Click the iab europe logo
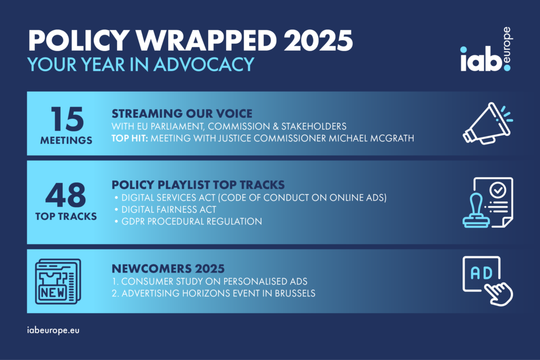pos(486,50)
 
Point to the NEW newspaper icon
pos(58,281)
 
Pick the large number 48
pos(65,194)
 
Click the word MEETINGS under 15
pos(66,140)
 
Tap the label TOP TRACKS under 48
pos(66,217)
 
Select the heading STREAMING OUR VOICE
pos(182,113)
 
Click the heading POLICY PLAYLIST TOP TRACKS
pos(198,185)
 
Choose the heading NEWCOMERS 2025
pos(168,268)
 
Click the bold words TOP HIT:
pos(130,138)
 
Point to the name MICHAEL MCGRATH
pos(371,138)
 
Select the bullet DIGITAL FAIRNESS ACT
pos(169,210)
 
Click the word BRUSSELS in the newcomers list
pos(295,293)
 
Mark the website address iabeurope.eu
pos(53,330)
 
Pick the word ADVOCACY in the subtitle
pos(204,64)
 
